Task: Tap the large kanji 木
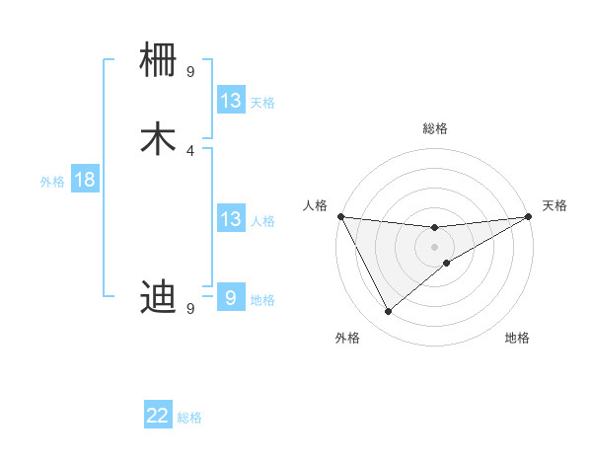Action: tap(159, 138)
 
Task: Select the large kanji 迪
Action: tap(159, 295)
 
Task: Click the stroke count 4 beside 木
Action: tap(190, 150)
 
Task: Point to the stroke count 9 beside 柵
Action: tap(190, 71)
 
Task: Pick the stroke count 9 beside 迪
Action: tap(190, 308)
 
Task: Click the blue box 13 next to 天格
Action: tap(231, 101)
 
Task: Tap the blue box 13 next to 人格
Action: tap(231, 219)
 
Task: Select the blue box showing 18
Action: tap(84, 180)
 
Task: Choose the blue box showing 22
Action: tap(158, 416)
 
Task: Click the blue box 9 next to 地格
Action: tap(231, 297)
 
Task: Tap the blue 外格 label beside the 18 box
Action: tap(52, 182)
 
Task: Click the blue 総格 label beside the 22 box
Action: tap(189, 418)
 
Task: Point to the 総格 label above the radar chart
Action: tap(435, 128)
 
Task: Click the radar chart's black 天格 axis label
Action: tap(555, 205)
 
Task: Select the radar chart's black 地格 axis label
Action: tap(517, 338)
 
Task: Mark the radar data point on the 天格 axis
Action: tap(528, 216)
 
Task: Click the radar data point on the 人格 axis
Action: tap(340, 216)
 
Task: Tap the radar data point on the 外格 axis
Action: tap(388, 312)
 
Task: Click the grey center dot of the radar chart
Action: tap(434, 246)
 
